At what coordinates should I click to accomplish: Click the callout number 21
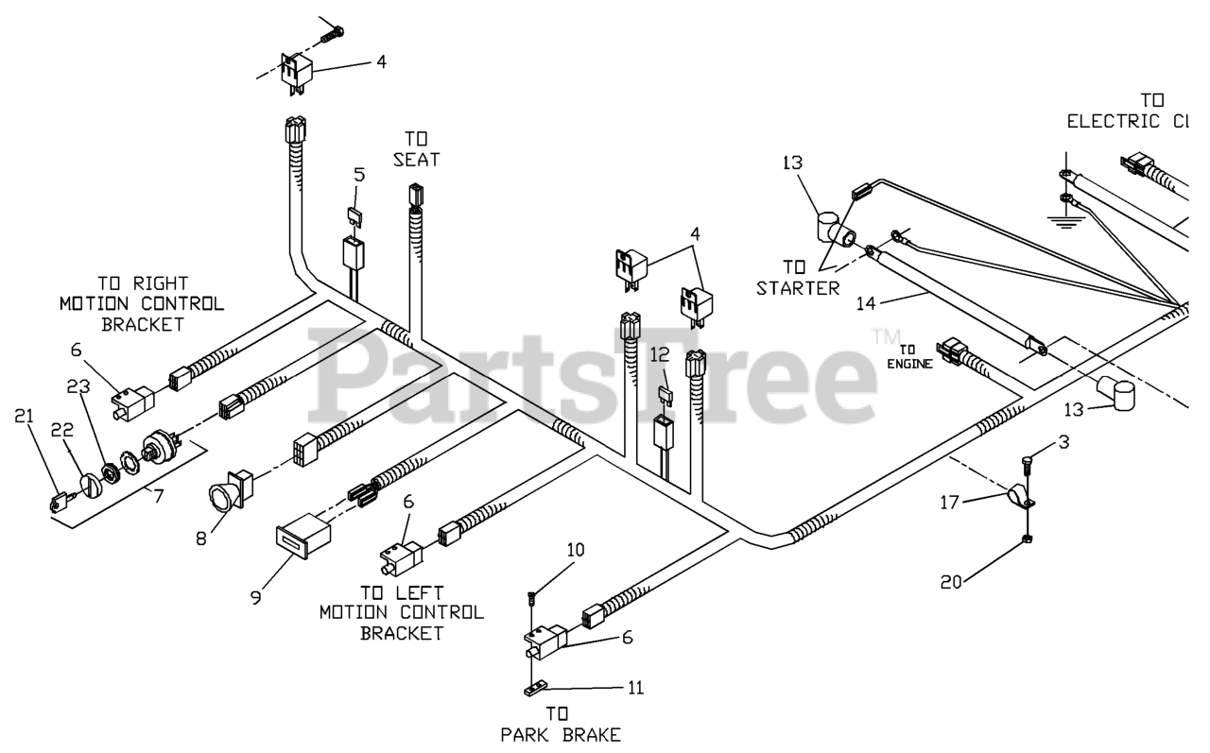[25, 416]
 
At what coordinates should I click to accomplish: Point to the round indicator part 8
[230, 495]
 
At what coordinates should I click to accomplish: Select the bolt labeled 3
[1027, 464]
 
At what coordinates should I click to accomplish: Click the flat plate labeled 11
[537, 690]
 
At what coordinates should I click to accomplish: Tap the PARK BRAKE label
[562, 733]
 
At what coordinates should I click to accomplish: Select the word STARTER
[797, 287]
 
